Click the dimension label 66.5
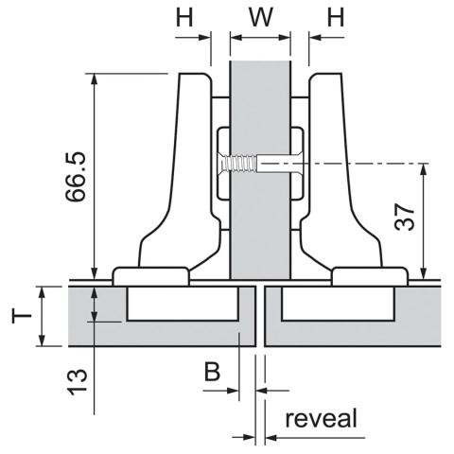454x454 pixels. click(76, 177)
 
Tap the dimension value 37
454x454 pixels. click(405, 217)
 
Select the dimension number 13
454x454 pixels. click(78, 382)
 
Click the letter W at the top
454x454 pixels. click(261, 17)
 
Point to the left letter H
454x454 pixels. click(184, 17)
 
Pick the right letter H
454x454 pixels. click(336, 17)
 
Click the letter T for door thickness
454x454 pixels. click(22, 316)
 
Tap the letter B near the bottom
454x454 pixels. click(212, 372)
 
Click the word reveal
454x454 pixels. click(322, 418)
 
